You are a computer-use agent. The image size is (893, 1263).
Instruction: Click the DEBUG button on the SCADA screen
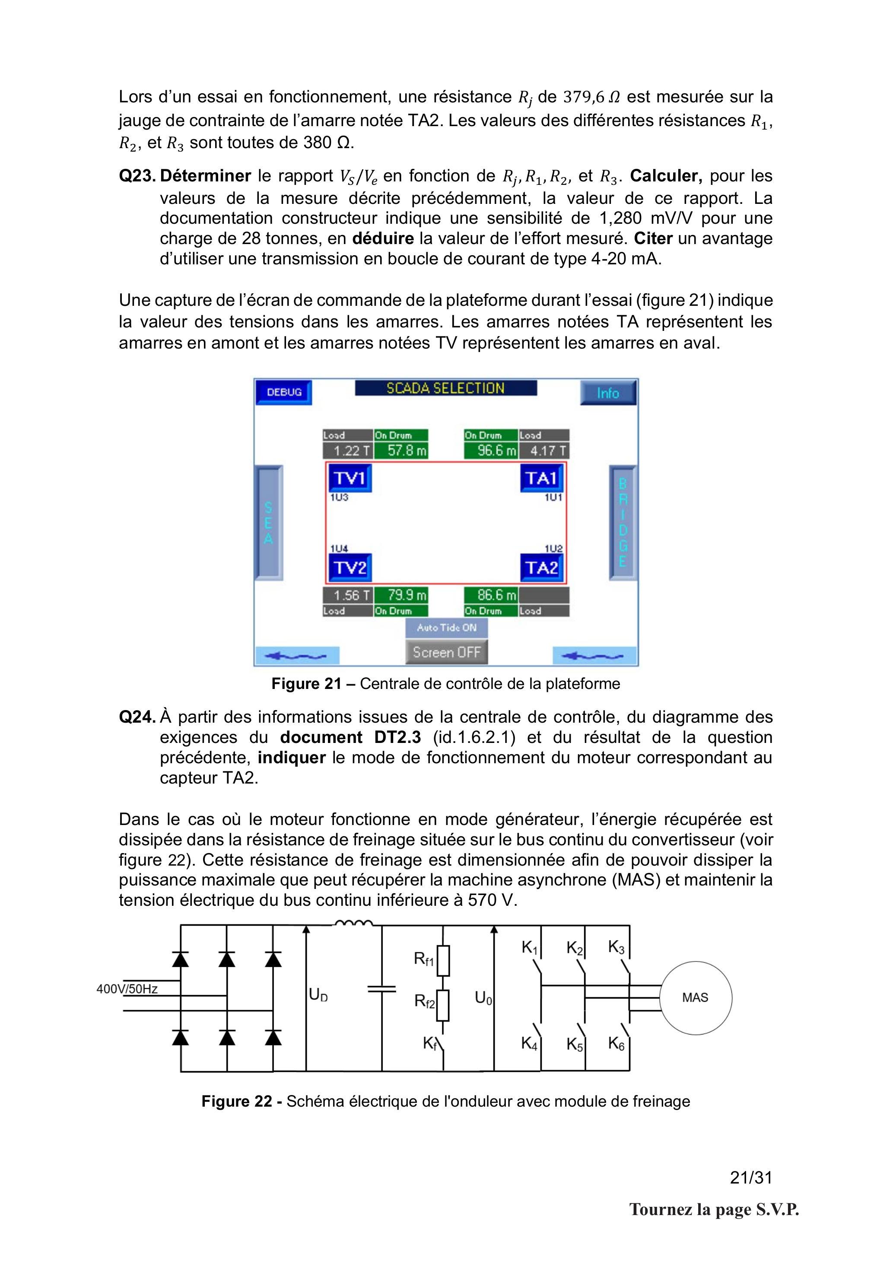click(x=284, y=393)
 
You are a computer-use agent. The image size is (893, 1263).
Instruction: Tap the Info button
click(x=608, y=393)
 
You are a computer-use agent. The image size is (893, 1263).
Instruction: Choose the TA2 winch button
click(x=542, y=567)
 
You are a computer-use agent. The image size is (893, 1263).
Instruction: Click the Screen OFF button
click(x=447, y=652)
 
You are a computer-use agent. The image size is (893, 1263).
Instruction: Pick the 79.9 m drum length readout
click(x=400, y=595)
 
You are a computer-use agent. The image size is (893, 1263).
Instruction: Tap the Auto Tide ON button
click(x=447, y=628)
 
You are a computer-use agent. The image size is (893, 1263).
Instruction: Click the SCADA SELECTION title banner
click(x=446, y=388)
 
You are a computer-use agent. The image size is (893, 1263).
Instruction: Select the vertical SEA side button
click(x=269, y=523)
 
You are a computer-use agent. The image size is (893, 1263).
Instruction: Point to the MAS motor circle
click(x=696, y=998)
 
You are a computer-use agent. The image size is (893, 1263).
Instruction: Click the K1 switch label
click(x=531, y=948)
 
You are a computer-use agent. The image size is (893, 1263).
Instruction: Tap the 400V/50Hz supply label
click(x=127, y=989)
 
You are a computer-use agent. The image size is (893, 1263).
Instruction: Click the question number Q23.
click(x=137, y=176)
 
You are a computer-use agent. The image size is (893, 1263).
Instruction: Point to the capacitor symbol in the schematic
click(x=381, y=989)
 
